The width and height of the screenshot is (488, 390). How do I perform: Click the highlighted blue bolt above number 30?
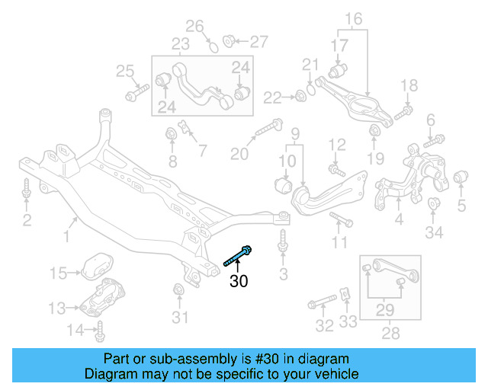tap(239, 256)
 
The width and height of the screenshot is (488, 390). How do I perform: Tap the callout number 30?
tap(239, 281)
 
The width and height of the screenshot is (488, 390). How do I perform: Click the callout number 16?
tap(353, 18)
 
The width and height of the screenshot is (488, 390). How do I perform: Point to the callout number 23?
tap(180, 45)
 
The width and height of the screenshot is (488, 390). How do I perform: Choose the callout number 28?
tap(390, 334)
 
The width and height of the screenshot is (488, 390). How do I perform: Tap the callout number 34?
tap(434, 231)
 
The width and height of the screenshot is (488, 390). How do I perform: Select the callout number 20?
tap(239, 154)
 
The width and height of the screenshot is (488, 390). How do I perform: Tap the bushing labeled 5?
tap(461, 179)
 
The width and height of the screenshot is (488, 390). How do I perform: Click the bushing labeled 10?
tap(283, 184)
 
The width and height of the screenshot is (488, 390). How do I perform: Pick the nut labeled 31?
tap(179, 290)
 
